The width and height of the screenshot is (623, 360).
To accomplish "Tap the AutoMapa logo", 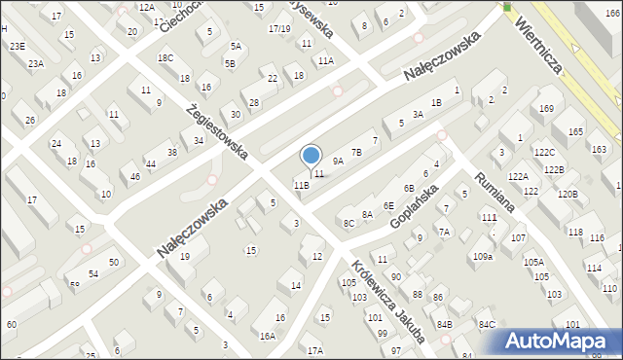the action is coord(561,341).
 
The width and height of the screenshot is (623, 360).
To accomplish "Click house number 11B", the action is coord(302,185).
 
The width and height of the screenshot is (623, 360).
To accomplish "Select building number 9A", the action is coord(339,161).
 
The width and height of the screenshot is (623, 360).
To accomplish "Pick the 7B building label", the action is coord(356,152).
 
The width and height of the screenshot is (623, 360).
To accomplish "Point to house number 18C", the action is coord(165,58).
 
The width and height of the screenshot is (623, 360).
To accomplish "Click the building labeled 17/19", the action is coord(279,29).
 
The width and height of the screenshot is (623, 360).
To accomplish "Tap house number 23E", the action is coord(17,46).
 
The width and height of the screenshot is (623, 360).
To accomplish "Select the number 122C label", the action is coord(544,153).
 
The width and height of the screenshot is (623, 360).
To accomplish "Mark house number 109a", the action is coord(483,256).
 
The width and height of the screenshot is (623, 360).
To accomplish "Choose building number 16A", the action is coord(268,336).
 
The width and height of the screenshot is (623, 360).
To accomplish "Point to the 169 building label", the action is coord(546,108).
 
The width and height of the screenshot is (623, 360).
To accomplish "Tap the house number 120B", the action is coord(568,195).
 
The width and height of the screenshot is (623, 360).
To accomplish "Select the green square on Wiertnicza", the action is coord(507,8).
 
